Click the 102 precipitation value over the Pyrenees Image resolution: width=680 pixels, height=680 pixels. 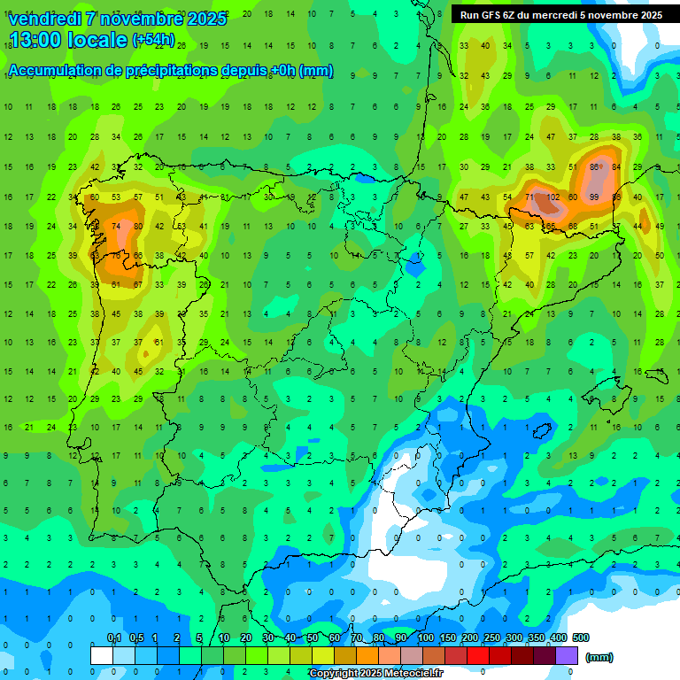coord(552,197)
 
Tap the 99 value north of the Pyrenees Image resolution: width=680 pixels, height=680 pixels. coord(593,197)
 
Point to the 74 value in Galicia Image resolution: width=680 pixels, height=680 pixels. coord(115,227)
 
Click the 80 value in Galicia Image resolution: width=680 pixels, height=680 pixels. coord(137,227)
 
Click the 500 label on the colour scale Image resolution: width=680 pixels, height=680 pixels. coord(580,637)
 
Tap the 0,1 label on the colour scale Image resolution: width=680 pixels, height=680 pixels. coord(114,637)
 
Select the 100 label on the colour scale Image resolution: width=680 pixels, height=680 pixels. coord(426,637)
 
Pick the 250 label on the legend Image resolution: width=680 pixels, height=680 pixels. coord(492,637)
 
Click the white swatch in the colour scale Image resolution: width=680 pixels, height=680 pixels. coord(102,655)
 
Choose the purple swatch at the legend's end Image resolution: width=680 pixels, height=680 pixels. coord(567,655)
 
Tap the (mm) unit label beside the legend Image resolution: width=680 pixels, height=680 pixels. coord(599,657)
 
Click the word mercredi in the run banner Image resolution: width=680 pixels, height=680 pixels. coord(552,15)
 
